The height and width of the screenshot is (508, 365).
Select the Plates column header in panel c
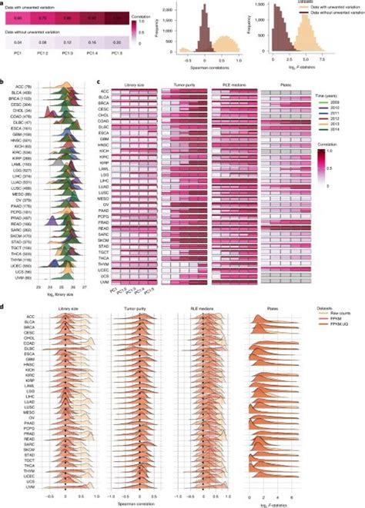280,85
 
